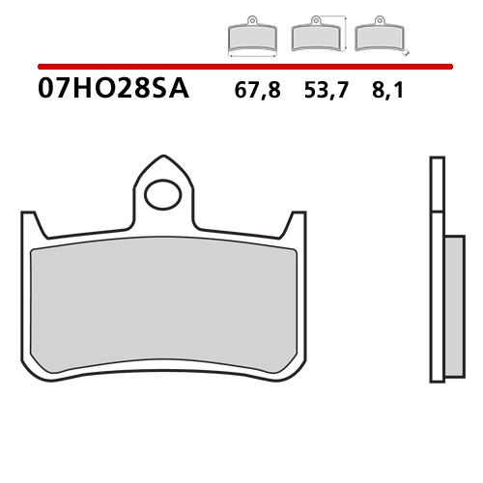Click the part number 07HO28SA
coord(113,91)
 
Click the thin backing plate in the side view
coord(436,270)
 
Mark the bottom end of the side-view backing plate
coord(436,381)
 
